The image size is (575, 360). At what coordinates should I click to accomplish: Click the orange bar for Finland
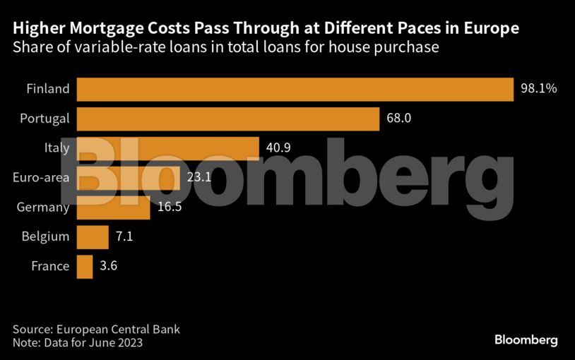coord(294,89)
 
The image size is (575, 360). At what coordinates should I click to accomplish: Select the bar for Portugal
coord(227,119)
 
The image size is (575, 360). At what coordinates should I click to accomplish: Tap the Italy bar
coord(167,148)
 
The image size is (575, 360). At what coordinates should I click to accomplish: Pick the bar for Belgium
coord(92,236)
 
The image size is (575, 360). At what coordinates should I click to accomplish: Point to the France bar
coord(84,266)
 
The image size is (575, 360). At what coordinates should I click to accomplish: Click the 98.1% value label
coord(539,89)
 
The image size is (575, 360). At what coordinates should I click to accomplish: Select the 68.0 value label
coord(398,119)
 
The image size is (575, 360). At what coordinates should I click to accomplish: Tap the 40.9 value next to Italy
coord(278,148)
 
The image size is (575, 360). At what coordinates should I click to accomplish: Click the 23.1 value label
coord(199,178)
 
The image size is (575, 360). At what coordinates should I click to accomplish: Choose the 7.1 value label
coord(124,236)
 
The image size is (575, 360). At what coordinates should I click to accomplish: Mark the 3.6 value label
coord(108,266)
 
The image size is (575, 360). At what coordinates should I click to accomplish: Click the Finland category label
coord(48,89)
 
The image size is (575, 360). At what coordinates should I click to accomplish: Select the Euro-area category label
coord(41,178)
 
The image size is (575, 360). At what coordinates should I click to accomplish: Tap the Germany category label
coord(43,208)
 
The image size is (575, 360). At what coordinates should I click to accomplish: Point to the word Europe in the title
coord(494,29)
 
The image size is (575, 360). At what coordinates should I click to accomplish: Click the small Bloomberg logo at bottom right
coord(526,340)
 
